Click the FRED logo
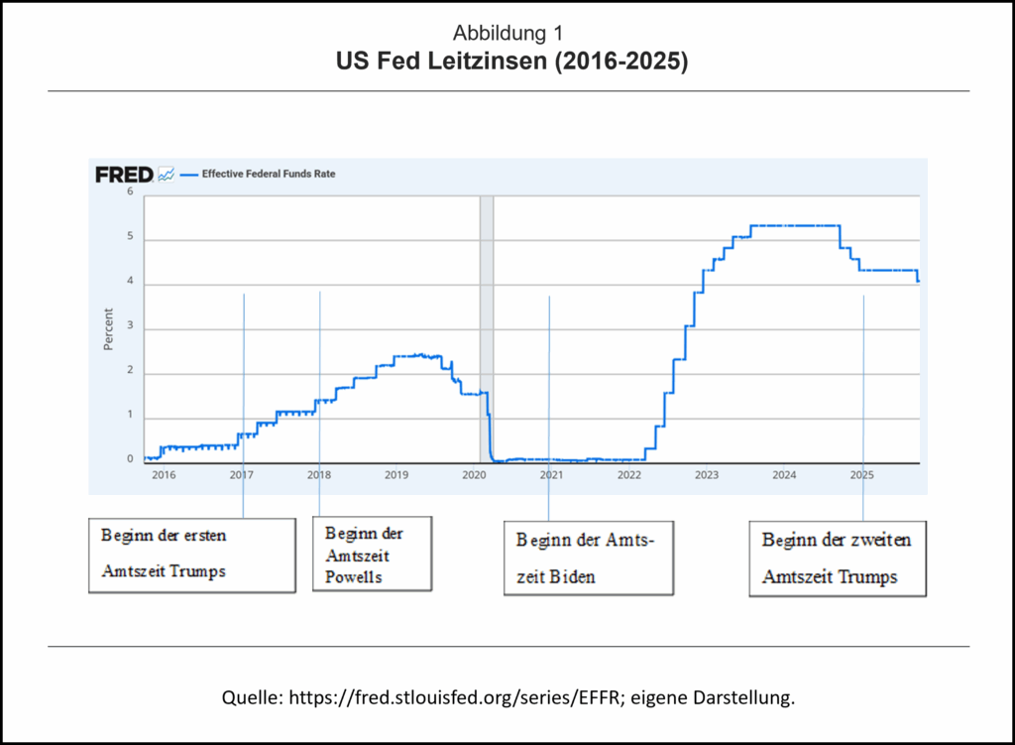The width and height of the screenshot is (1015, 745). (x=124, y=175)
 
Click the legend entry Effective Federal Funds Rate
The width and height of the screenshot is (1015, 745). (x=269, y=174)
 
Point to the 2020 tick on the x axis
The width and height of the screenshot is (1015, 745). (x=474, y=475)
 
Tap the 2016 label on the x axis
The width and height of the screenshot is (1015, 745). (x=164, y=475)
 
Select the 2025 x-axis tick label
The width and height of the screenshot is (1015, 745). (x=862, y=475)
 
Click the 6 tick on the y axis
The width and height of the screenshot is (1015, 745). (x=130, y=191)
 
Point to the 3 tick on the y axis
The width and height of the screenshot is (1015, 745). (x=130, y=329)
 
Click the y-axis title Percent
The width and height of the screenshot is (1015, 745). (x=108, y=329)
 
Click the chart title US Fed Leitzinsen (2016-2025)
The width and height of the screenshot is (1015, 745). (x=511, y=61)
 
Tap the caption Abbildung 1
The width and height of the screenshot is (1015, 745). (x=509, y=35)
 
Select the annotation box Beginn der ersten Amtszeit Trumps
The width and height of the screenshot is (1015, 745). (x=192, y=554)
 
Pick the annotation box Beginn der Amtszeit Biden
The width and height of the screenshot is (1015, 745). (x=589, y=558)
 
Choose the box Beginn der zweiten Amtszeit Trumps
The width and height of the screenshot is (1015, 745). (x=838, y=558)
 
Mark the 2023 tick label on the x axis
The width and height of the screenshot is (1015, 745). (x=707, y=475)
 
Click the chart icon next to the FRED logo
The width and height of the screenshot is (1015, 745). (x=167, y=175)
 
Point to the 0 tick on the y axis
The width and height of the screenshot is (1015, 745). (x=130, y=459)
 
